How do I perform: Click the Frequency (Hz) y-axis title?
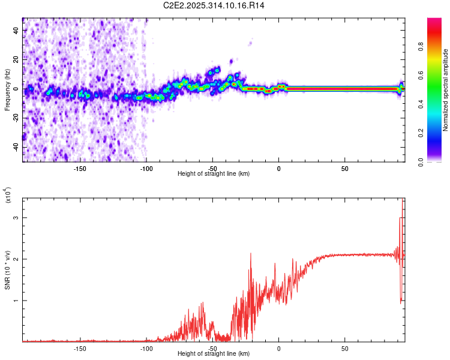(7, 90)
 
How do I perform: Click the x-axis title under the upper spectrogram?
(214, 174)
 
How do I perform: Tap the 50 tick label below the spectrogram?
(345, 168)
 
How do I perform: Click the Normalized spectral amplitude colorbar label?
(446, 90)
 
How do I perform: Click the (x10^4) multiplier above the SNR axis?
(8, 195)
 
